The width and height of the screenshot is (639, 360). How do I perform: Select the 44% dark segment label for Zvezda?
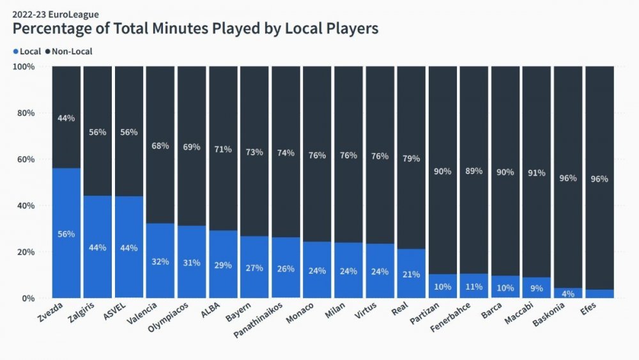[66, 118]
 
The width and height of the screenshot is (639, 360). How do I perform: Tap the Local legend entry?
[27, 51]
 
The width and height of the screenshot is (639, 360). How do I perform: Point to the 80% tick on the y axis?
[26, 113]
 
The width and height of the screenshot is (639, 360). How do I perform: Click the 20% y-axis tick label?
[26, 252]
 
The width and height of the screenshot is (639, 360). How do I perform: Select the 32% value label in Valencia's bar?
[160, 262]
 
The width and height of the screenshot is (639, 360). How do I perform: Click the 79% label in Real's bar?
[411, 159]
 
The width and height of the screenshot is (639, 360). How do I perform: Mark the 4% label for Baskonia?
[567, 294]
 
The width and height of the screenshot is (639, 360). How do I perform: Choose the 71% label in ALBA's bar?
[223, 149]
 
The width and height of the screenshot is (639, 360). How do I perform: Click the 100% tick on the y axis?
[24, 67]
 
